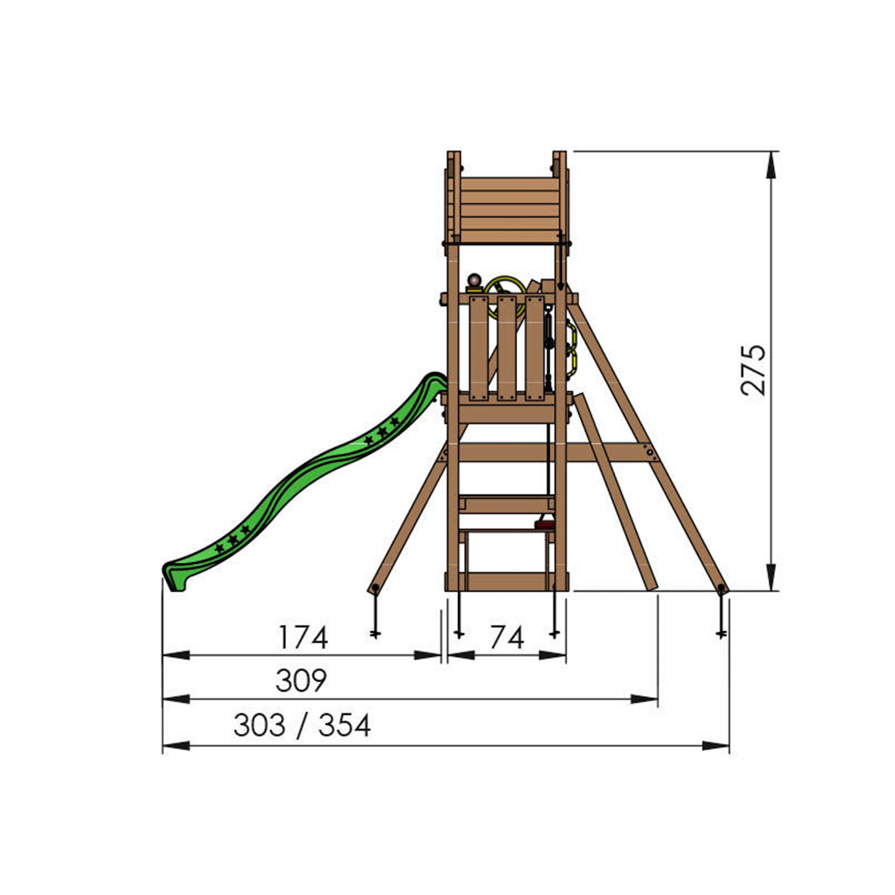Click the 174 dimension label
coord(303,638)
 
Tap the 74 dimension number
coord(507,638)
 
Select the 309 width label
coord(301,681)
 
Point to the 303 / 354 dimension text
coord(302,725)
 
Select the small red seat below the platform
coord(545,526)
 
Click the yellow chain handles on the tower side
coord(571,345)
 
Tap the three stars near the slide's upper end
coord(381,431)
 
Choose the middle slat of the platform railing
coord(507,348)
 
